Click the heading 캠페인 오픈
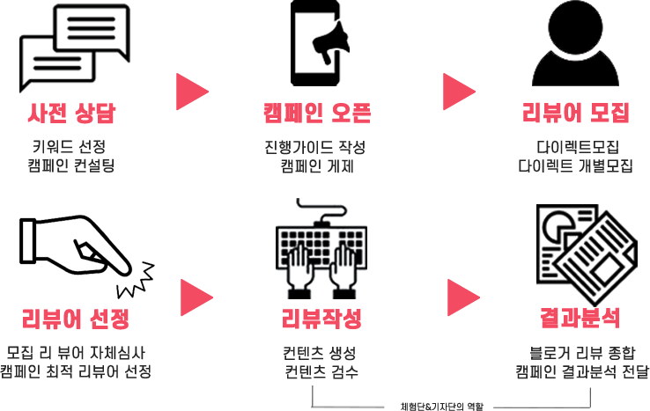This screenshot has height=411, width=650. coord(316,114)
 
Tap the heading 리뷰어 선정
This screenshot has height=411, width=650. coord(76,318)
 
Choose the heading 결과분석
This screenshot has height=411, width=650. coord(580,318)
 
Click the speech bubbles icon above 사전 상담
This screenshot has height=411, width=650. coord(74,49)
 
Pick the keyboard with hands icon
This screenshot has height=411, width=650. coord(321,250)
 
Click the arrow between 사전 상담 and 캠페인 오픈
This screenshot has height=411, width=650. coord(191,91)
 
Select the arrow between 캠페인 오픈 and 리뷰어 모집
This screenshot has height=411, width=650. coord(457,91)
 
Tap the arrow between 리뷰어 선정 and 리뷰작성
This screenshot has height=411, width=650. coord(196,297)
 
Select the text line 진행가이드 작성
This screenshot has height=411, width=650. coord(314,146)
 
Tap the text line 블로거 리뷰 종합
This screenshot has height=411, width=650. coord(582,351)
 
